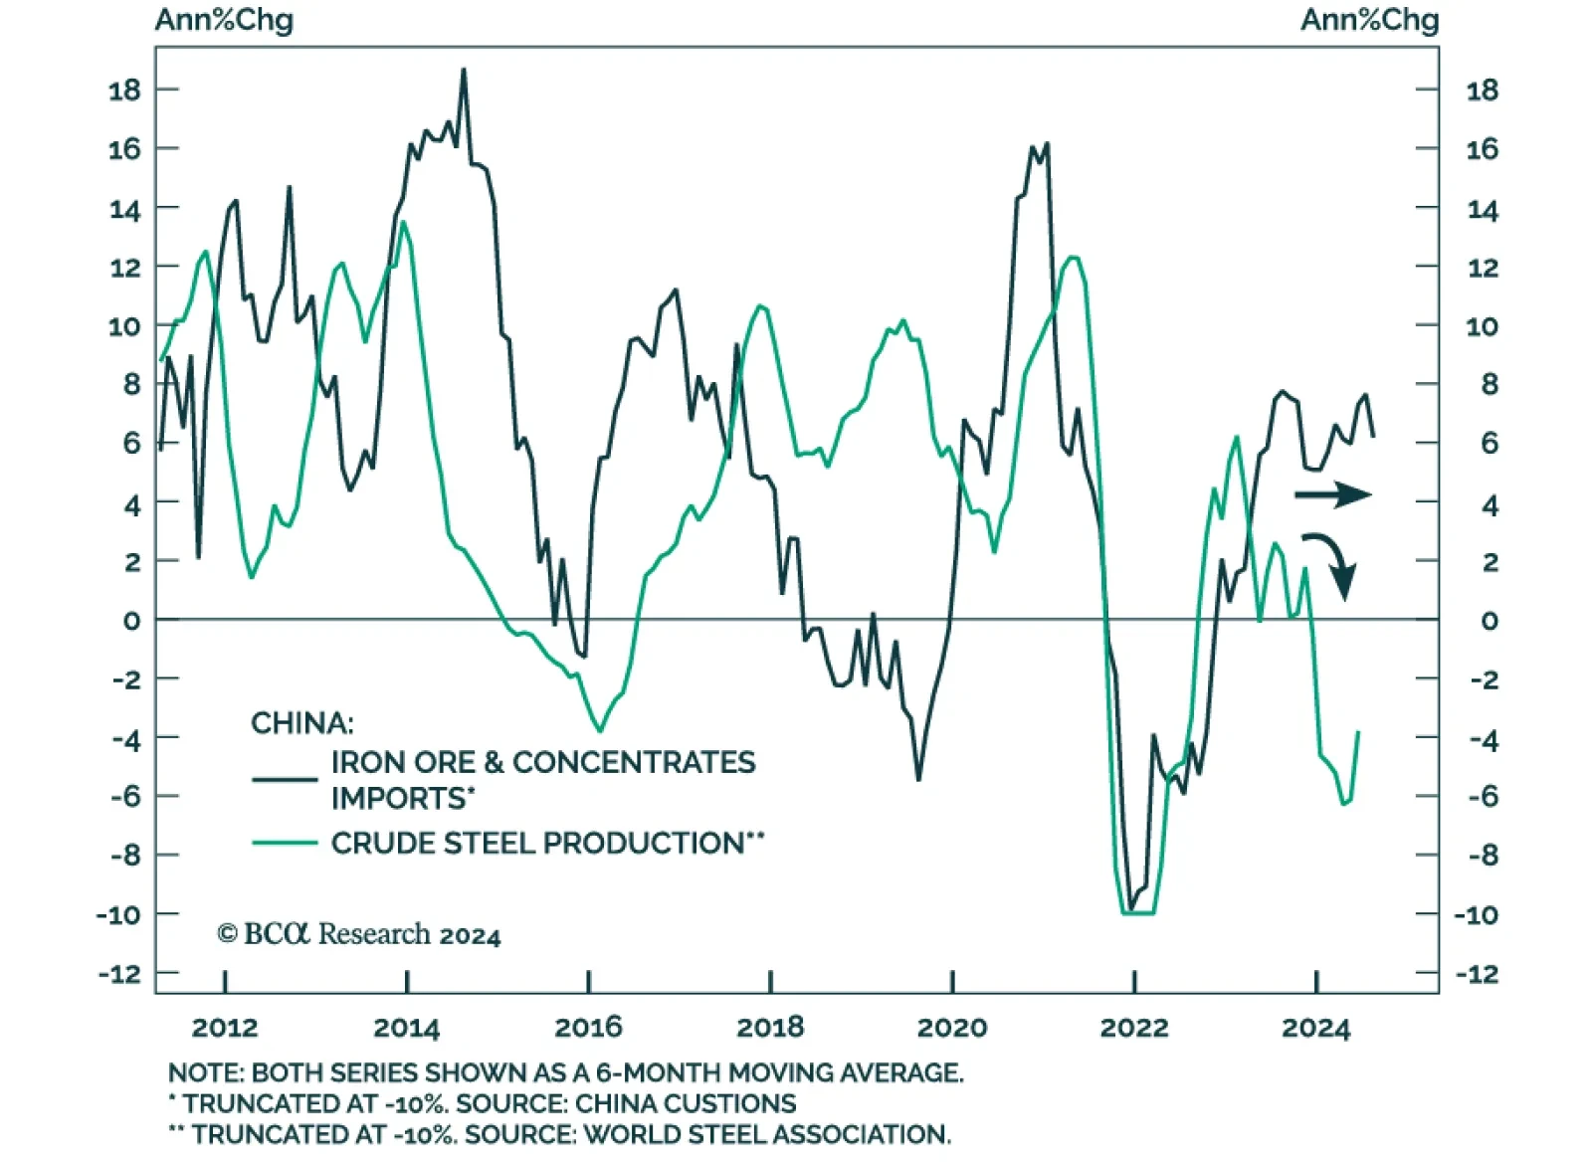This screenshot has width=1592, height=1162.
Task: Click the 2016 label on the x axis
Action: tap(588, 1028)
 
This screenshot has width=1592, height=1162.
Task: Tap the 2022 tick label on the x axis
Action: tap(1133, 1028)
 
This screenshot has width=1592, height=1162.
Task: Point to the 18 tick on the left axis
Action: tap(124, 91)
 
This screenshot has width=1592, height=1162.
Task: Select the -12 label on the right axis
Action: tap(1477, 974)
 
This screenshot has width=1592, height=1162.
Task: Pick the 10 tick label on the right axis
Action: tap(1482, 326)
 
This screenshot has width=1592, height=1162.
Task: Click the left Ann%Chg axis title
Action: tap(224, 20)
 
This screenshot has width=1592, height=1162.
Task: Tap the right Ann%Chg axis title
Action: tap(1369, 20)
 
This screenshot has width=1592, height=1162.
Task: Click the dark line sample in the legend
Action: tap(285, 779)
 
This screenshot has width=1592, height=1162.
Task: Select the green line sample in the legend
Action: tap(285, 844)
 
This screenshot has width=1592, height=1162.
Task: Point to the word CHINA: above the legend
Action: tap(301, 722)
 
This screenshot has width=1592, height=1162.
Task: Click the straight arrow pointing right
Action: tap(1333, 494)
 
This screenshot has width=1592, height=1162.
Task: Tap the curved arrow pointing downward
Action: tap(1331, 562)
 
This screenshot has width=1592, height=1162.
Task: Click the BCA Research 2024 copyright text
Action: tap(359, 934)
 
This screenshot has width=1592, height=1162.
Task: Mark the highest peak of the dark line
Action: tap(464, 70)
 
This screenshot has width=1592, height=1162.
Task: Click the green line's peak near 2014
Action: tap(403, 223)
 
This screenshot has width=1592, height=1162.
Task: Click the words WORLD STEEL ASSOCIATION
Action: tap(766, 1135)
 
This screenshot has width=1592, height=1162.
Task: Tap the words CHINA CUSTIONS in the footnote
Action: tap(686, 1104)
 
